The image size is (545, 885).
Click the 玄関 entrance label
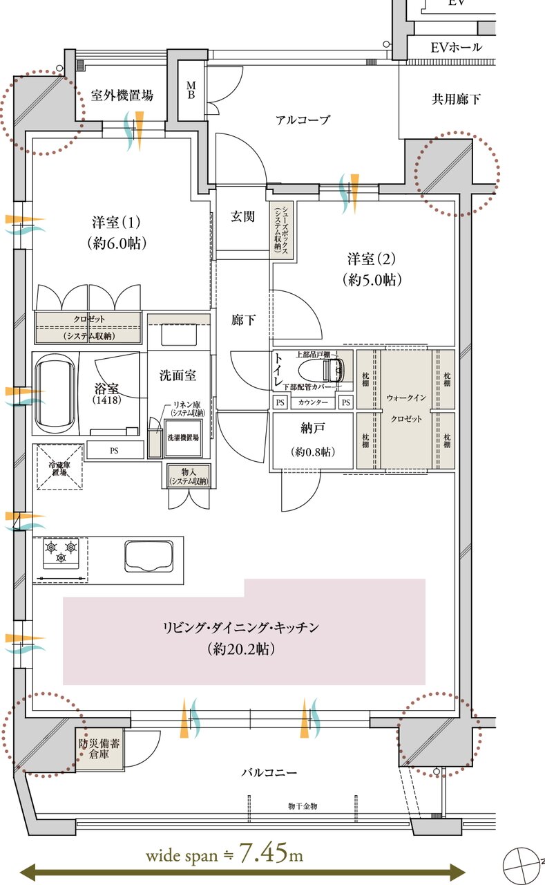(x=242, y=216)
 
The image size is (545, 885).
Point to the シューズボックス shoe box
(x=281, y=230)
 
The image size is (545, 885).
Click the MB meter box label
(x=191, y=90)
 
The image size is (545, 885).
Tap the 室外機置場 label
(x=122, y=95)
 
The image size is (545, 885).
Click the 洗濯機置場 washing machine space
(x=182, y=438)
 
